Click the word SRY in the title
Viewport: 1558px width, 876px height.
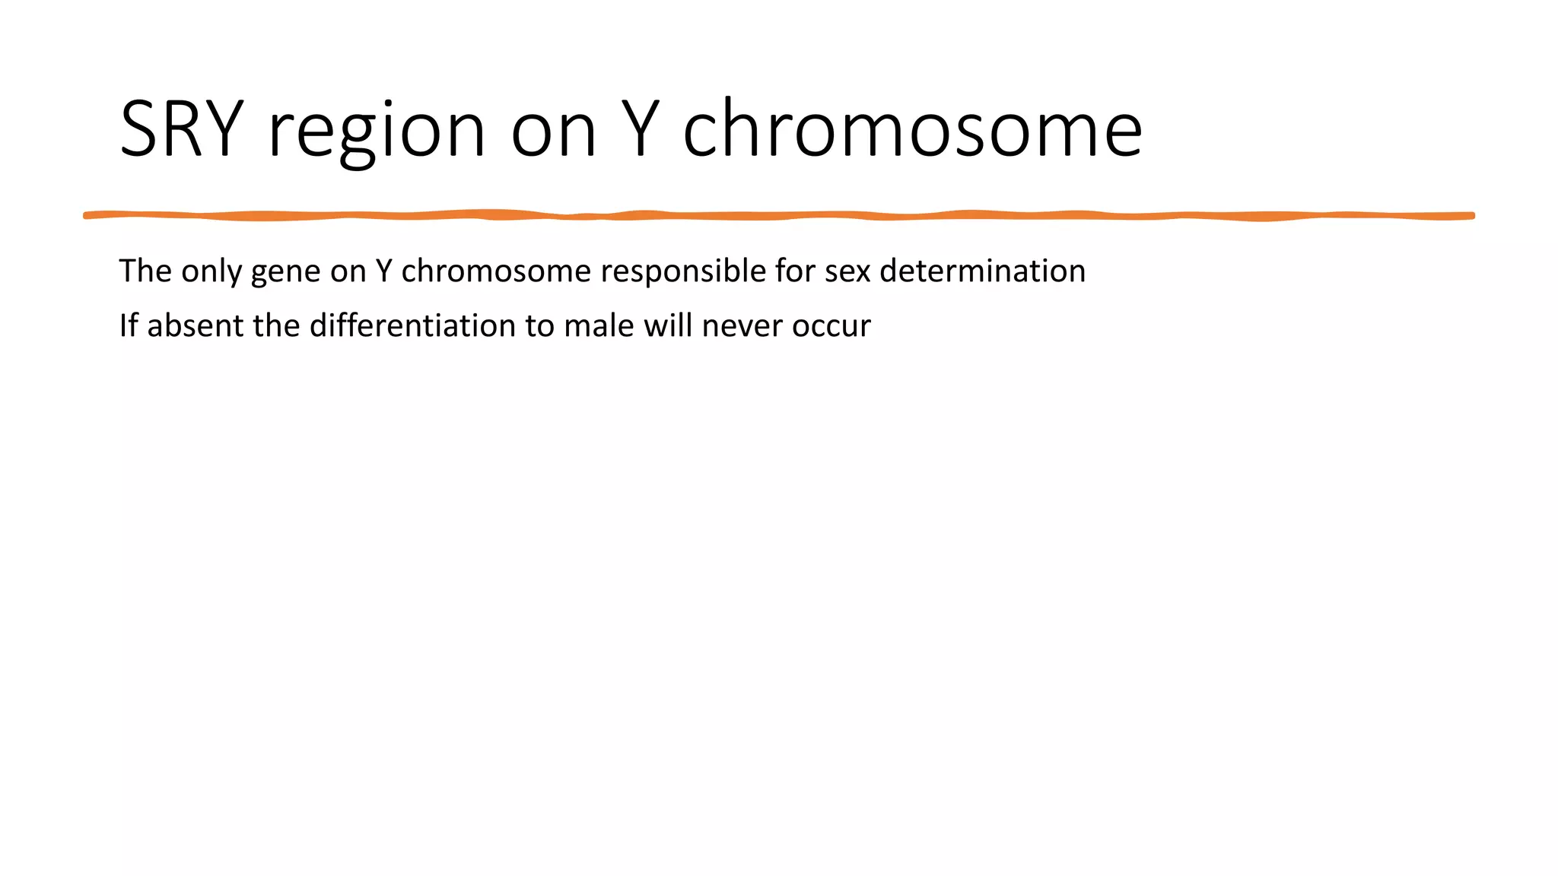click(181, 129)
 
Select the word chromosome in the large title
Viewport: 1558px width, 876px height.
click(912, 129)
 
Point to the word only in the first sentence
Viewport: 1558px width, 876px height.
click(211, 272)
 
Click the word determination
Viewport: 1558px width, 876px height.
click(982, 271)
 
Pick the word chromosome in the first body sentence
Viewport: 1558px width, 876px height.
click(496, 271)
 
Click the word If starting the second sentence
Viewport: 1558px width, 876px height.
click(128, 325)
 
